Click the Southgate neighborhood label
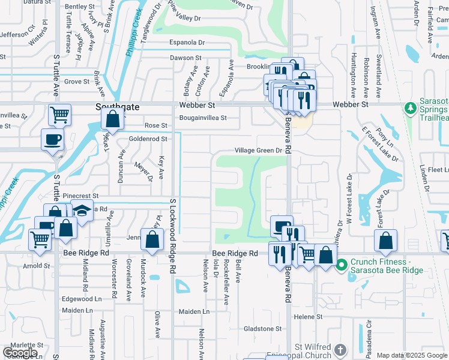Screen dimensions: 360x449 coord(117,106)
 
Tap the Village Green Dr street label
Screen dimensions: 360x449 coord(258,151)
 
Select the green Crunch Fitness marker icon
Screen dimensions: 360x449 coord(342,264)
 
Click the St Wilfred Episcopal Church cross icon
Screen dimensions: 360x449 coord(340,350)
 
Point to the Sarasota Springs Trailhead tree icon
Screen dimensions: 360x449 coord(411,109)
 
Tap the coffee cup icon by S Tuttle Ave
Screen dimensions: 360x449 coord(52,139)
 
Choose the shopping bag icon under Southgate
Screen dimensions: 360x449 coord(113,119)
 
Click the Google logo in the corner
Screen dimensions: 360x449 coord(20,352)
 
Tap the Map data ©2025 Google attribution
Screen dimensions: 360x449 coord(412,355)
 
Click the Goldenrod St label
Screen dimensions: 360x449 coord(148,139)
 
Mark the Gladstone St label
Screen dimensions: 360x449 coord(262,329)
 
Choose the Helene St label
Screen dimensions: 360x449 coord(308,316)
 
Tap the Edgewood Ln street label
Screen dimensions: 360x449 coord(82,299)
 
